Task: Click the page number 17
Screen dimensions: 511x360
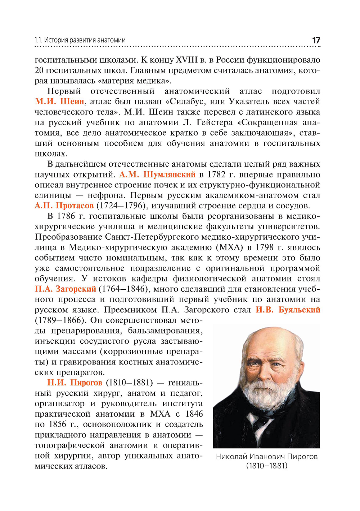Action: point(316,40)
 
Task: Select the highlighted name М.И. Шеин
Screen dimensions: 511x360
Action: point(59,101)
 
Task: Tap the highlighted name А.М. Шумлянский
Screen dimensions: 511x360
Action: point(157,175)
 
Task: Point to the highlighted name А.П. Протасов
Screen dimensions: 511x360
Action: point(64,206)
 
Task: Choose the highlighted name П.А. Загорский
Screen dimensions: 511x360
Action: point(65,289)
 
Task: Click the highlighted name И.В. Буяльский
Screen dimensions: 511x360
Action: point(288,310)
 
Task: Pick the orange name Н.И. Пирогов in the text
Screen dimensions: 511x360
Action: point(75,383)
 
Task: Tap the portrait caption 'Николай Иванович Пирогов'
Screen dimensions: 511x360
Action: point(267,457)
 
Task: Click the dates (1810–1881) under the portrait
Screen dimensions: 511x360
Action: point(267,466)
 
